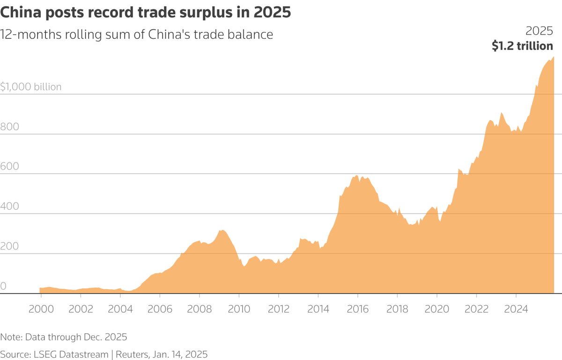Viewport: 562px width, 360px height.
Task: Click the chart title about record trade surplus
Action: (x=146, y=13)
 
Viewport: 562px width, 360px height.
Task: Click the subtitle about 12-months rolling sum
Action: (x=137, y=35)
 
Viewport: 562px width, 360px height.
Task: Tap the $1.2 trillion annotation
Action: (x=522, y=46)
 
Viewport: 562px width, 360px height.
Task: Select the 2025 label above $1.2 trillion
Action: (x=539, y=31)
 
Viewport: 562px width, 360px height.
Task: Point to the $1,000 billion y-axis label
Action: (x=31, y=87)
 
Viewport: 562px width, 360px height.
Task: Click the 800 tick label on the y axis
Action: (x=9, y=127)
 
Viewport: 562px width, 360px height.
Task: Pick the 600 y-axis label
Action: (x=9, y=167)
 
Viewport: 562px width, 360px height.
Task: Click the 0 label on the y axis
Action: (x=3, y=286)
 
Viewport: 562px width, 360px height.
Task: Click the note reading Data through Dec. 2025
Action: (x=64, y=337)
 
